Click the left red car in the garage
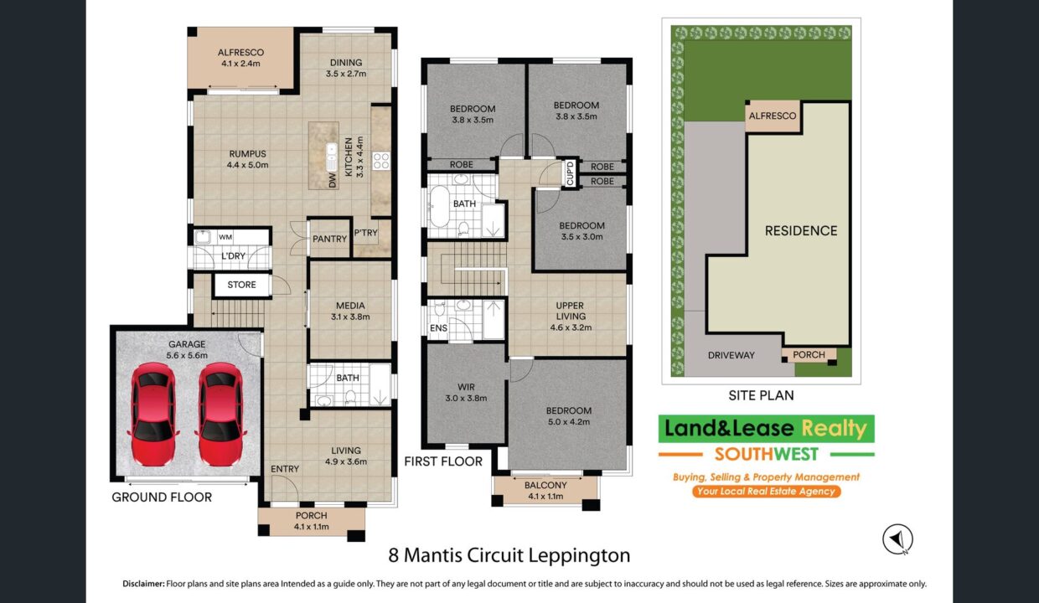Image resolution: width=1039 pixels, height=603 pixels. point(153,415)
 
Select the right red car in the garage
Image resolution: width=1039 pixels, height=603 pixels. point(220,415)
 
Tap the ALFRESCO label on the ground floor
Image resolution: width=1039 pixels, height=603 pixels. point(240,53)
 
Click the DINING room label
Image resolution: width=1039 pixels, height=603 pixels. point(346,63)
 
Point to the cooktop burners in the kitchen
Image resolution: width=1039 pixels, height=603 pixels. point(381,161)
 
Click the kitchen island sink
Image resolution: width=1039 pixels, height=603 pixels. point(331,157)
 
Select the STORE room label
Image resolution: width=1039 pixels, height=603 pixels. point(241,285)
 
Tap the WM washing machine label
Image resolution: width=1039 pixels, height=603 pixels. point(225,237)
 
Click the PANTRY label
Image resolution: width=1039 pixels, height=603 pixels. point(329,239)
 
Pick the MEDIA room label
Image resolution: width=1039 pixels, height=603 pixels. point(350,306)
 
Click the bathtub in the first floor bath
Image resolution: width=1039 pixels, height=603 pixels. point(439,206)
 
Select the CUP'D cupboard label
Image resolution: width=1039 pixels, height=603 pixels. point(570,173)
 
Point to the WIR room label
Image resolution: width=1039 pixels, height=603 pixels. point(466,387)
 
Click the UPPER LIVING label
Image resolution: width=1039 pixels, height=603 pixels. point(570,311)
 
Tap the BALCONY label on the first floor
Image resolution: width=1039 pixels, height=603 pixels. point(545,485)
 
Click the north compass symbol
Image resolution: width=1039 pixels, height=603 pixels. point(897,539)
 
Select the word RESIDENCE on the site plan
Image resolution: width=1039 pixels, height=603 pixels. point(801,231)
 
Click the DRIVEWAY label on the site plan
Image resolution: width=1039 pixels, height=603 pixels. point(731,355)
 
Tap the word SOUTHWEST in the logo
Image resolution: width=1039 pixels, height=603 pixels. point(766,454)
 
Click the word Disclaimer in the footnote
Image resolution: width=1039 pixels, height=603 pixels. point(143,584)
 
